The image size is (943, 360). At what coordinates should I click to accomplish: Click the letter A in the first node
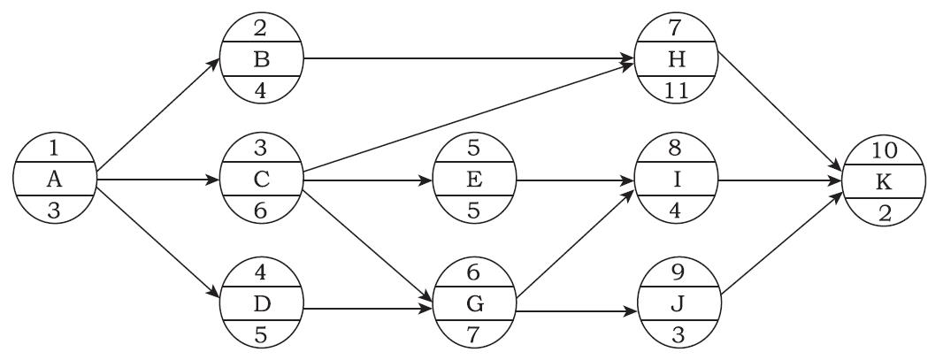[55, 180]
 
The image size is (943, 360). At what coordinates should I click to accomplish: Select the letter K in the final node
[884, 180]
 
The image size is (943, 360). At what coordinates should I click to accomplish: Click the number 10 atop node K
[884, 149]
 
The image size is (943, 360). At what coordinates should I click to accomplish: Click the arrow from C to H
[469, 122]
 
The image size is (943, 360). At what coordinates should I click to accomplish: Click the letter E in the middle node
[473, 180]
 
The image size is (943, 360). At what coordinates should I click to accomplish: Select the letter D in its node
[262, 303]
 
